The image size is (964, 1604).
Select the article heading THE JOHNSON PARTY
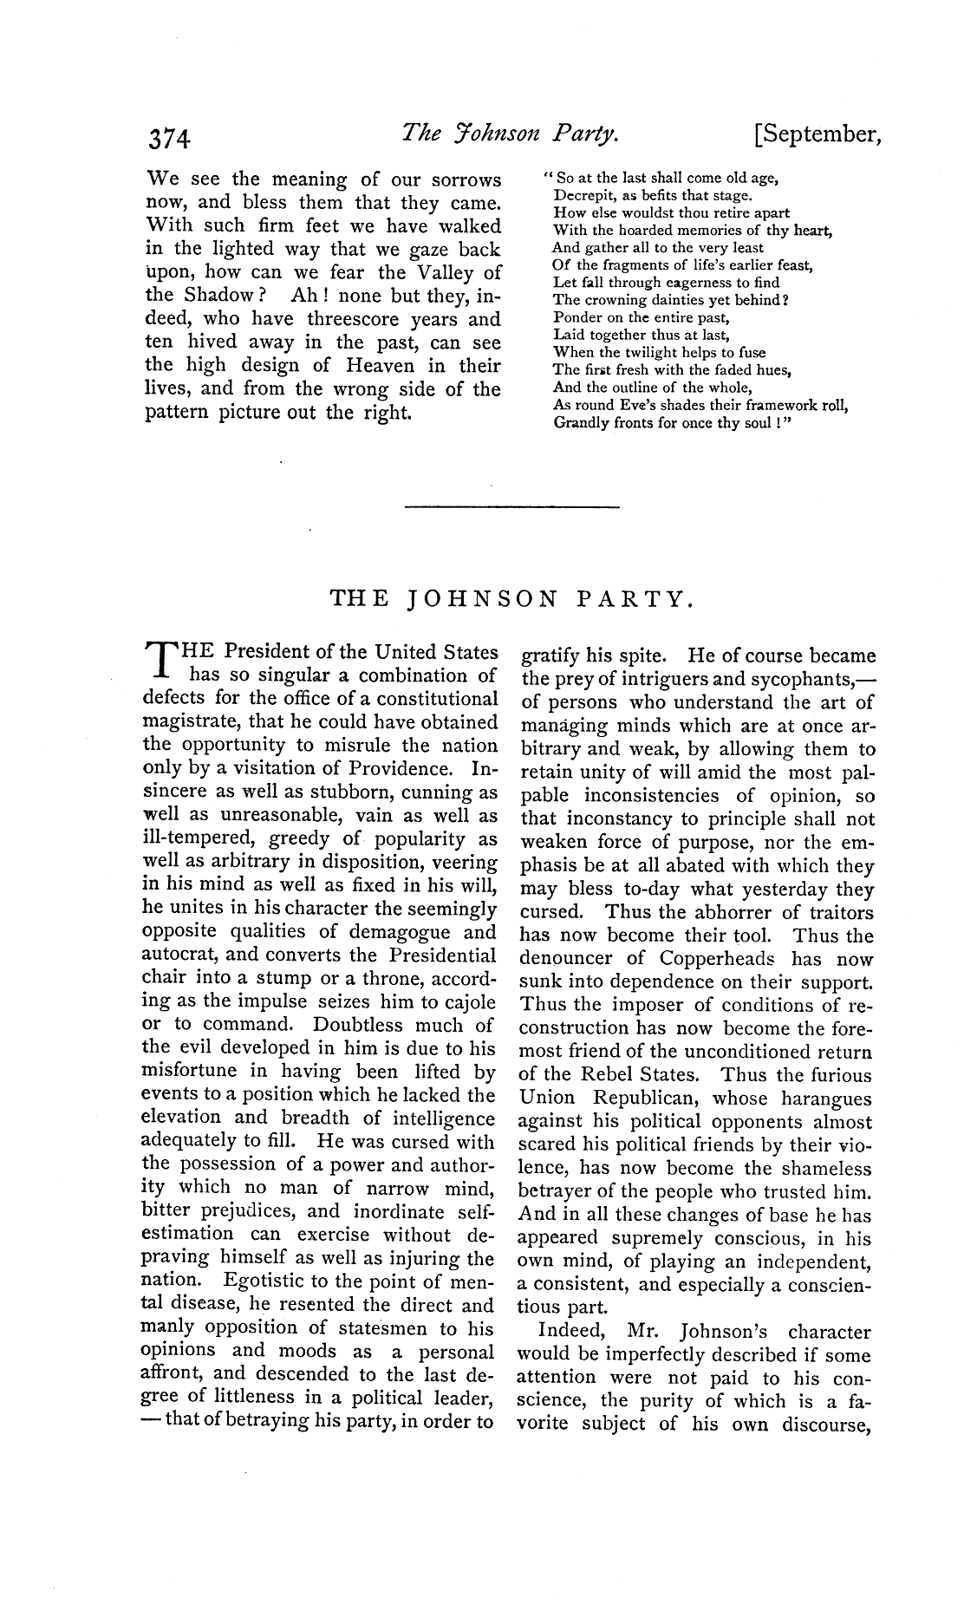point(511,599)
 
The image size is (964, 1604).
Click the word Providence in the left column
point(410,768)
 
